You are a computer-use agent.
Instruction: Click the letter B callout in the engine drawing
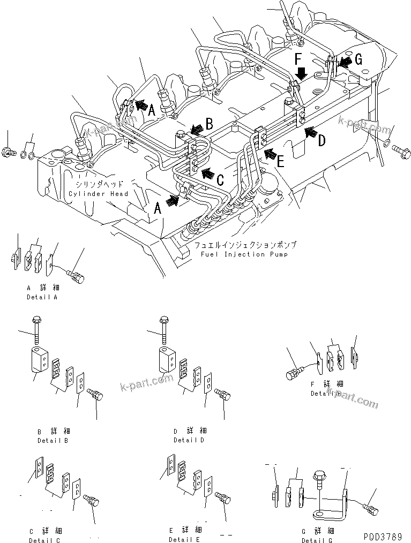tap(210, 124)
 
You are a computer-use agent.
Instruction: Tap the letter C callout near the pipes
tap(220, 180)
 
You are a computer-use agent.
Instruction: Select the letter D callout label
tap(322, 141)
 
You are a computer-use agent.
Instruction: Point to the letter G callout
tap(359, 59)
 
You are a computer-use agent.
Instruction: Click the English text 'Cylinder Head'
tap(98, 193)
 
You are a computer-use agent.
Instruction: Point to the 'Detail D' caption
tap(188, 440)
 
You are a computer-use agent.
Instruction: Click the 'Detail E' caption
tap(185, 540)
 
